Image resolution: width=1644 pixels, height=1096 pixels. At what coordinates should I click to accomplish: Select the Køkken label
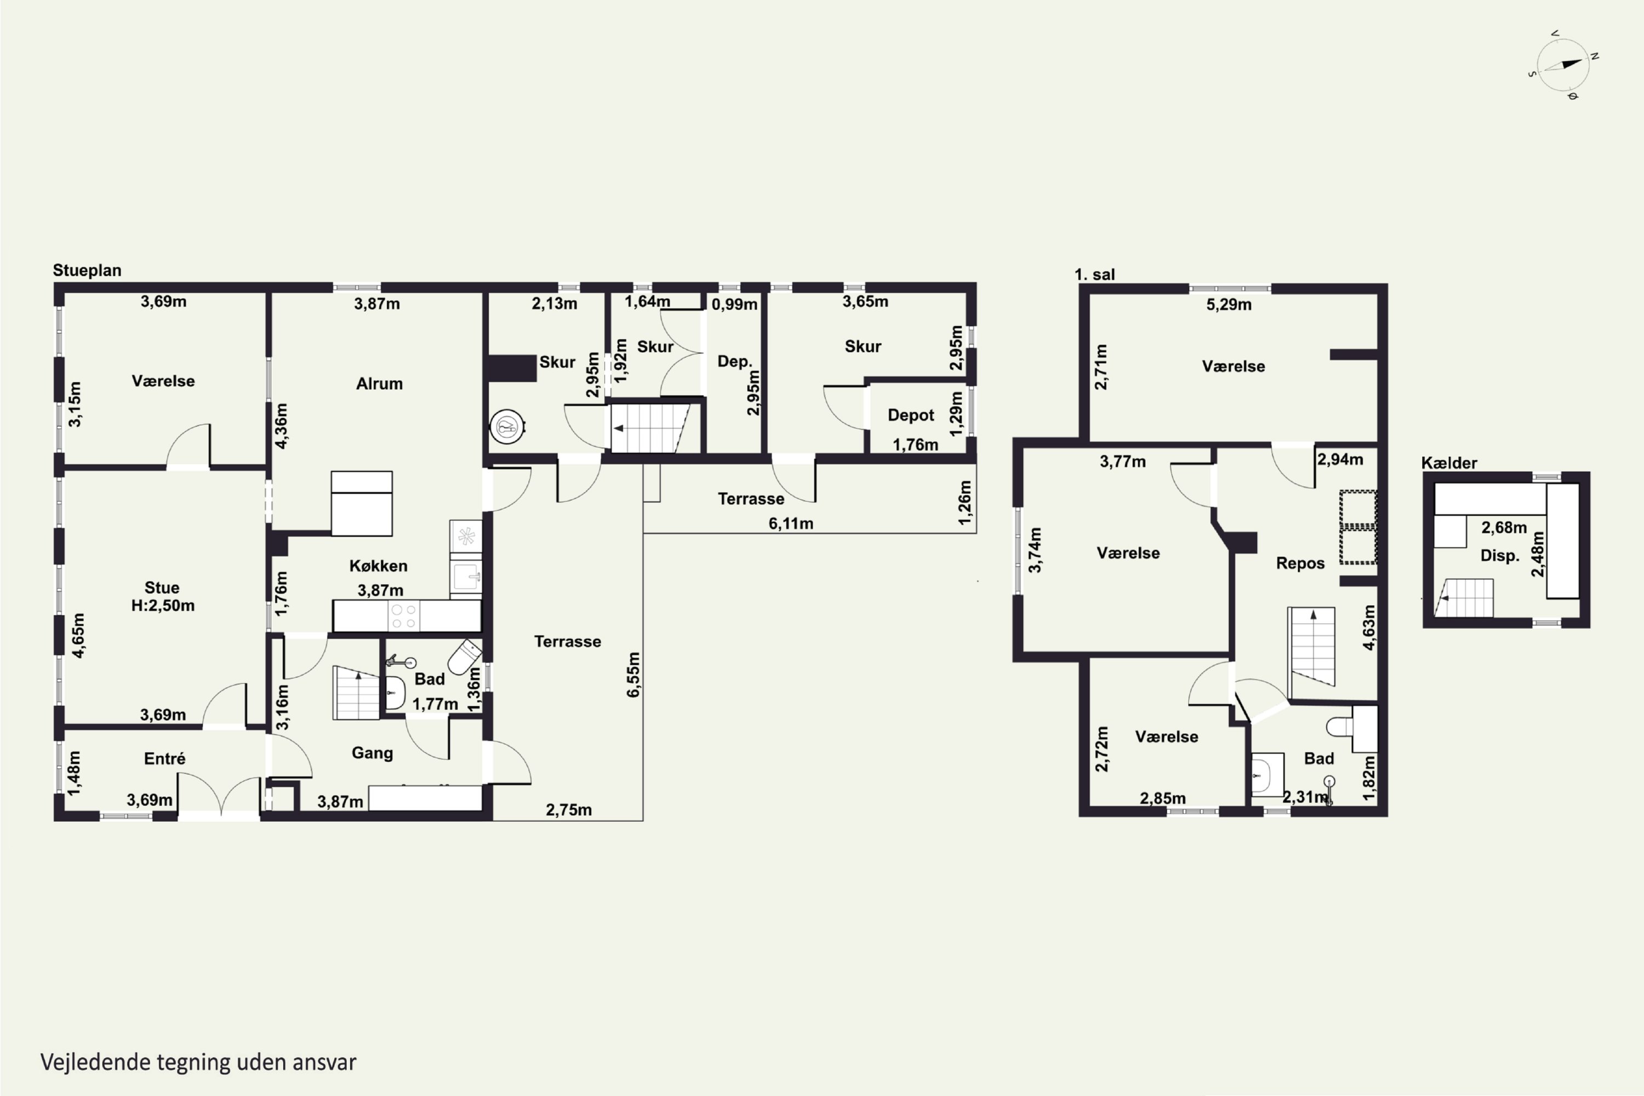[x=378, y=566]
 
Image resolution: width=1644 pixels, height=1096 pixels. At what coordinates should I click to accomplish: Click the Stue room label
[x=162, y=588]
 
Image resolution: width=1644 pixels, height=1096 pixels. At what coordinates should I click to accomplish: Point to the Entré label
[x=164, y=758]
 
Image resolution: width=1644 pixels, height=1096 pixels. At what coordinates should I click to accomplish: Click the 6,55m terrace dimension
[x=633, y=675]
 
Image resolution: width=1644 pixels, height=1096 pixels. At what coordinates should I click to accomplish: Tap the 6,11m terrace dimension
[x=791, y=523]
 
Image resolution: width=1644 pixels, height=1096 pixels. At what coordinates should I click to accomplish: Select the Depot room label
[x=911, y=415]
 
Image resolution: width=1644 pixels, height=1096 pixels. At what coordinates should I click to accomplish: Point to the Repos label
[x=1300, y=563]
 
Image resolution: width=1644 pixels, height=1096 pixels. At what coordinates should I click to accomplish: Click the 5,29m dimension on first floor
[x=1229, y=305]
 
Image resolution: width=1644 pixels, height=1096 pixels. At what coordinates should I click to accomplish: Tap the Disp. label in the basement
[x=1500, y=556]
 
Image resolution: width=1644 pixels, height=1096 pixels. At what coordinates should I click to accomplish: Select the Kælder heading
[x=1449, y=463]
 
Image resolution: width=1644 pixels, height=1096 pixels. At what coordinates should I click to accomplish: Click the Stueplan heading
[x=87, y=271]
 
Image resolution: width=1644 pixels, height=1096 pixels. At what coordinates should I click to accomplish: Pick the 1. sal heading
[x=1094, y=275]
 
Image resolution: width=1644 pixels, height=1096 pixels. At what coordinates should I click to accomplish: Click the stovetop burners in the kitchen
[x=404, y=616]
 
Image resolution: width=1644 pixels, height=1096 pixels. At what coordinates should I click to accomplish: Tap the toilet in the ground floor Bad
[x=464, y=657]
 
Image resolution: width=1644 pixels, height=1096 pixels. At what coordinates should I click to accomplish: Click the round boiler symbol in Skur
[x=507, y=426]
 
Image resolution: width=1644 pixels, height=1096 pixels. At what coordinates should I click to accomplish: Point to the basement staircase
[x=1464, y=598]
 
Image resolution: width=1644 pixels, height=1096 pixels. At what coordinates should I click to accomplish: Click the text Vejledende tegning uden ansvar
[x=198, y=1063]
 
